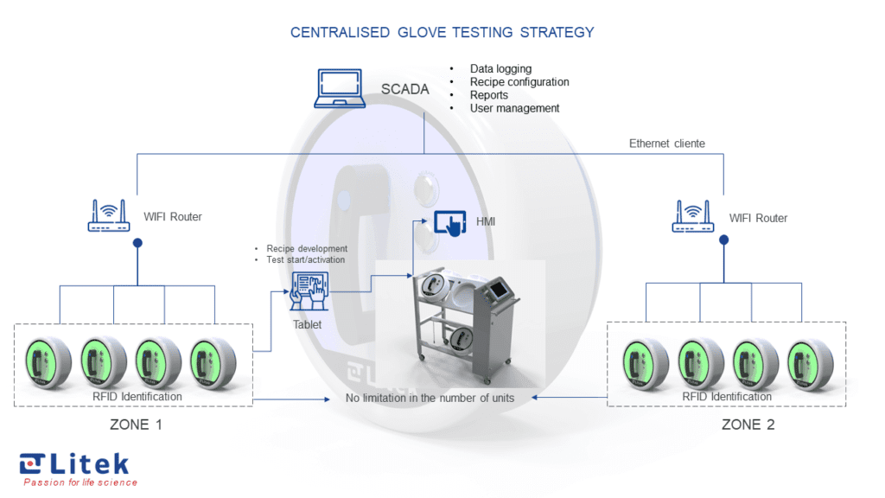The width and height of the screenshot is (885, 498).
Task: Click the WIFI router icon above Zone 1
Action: pos(108,216)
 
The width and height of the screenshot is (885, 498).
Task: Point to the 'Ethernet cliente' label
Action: pos(666,144)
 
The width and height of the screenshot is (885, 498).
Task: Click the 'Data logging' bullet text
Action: pos(500,68)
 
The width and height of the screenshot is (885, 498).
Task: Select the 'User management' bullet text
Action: pos(514,108)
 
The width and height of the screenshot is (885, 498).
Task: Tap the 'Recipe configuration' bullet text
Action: pos(519,81)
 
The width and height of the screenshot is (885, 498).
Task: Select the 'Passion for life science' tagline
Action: pos(80,482)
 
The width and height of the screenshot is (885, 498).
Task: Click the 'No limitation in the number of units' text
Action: pos(430,398)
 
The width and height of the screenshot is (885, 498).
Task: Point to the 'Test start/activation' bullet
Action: pos(305,259)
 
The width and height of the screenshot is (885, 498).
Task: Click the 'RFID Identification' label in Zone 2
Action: pos(726,397)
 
